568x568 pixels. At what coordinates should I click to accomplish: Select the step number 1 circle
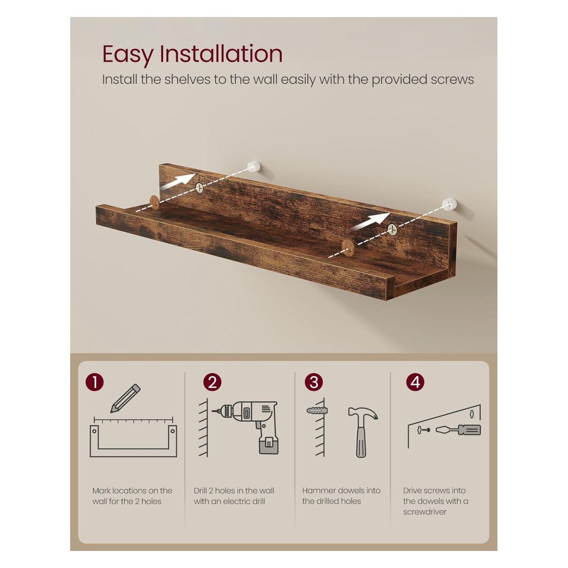coord(95,383)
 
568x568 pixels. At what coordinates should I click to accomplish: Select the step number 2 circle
coord(212,383)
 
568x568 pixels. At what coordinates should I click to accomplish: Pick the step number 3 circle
coord(314,382)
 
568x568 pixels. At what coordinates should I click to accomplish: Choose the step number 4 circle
coord(415,382)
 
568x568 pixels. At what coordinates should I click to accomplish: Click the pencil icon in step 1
coord(125,398)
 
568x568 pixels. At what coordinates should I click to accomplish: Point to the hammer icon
coord(363,432)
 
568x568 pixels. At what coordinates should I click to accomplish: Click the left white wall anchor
coord(254,166)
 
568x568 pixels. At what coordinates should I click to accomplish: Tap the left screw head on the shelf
coord(200,187)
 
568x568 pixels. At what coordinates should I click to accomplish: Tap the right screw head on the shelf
coord(392,229)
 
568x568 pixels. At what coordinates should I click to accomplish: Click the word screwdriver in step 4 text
coord(425,512)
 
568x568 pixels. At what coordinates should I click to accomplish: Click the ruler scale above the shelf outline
coord(133,420)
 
